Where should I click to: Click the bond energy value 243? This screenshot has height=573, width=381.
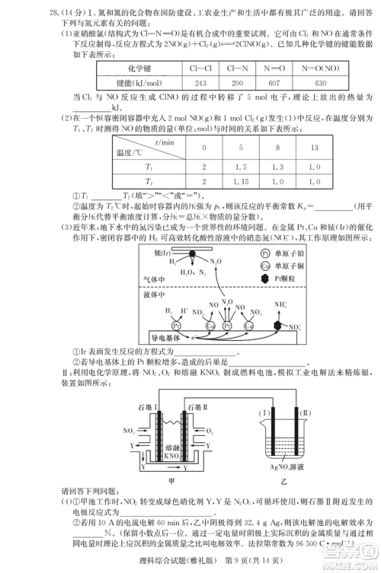(201, 82)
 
